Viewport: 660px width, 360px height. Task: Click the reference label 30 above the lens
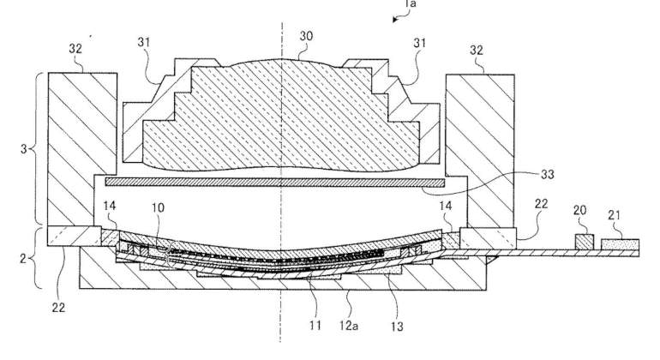[306, 36]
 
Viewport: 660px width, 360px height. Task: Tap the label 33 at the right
[547, 174]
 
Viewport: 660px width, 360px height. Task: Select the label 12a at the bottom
[349, 325]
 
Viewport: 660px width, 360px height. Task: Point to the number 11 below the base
[315, 325]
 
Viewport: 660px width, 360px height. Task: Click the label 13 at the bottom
[397, 326]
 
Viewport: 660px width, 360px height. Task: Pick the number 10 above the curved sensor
[158, 207]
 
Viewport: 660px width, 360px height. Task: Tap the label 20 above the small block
[579, 210]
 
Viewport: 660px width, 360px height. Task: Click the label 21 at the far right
[614, 215]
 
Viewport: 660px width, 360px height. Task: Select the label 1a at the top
[410, 3]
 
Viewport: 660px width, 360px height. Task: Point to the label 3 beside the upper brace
[24, 148]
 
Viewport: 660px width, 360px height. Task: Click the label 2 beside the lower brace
[23, 258]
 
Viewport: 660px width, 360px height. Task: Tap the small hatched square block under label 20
[585, 242]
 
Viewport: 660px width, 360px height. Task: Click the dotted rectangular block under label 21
[620, 244]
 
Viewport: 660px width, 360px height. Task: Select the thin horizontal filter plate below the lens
[275, 183]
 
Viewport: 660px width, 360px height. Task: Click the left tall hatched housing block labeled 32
[82, 149]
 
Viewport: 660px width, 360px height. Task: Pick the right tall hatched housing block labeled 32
[480, 151]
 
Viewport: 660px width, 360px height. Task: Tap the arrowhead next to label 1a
[395, 19]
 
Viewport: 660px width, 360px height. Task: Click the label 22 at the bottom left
[58, 308]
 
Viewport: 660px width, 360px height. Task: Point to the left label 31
[143, 42]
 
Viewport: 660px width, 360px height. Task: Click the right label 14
[446, 206]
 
